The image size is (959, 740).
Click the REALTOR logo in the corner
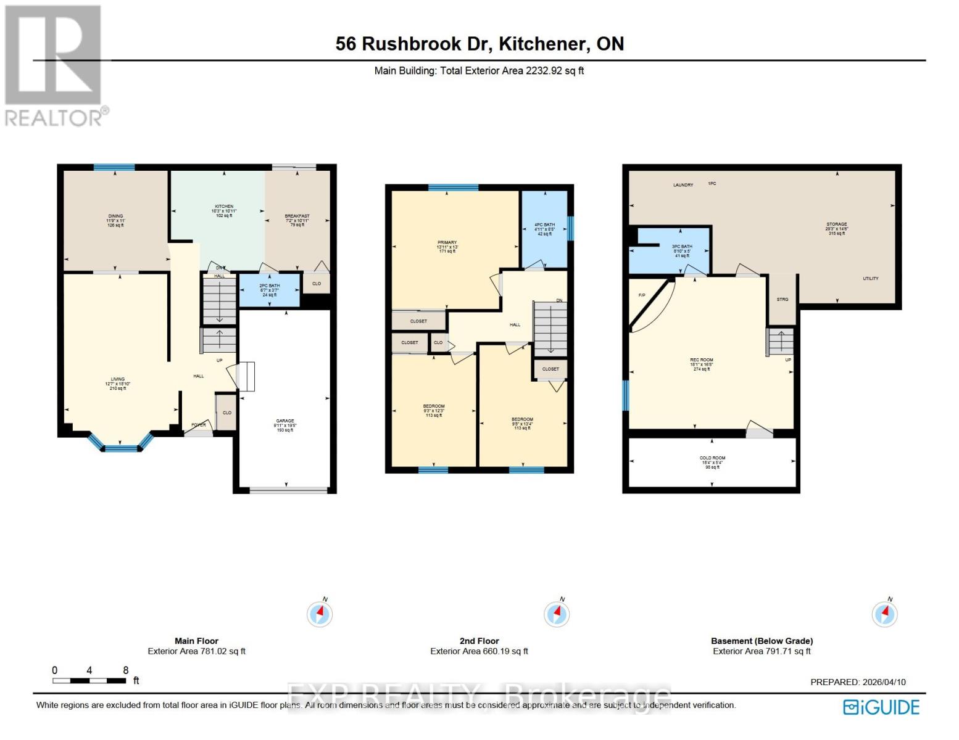click(54, 65)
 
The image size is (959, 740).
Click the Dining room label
click(115, 216)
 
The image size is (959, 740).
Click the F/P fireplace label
click(642, 295)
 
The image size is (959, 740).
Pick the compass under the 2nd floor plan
click(557, 614)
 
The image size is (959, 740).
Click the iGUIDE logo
click(881, 707)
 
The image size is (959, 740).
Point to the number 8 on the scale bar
click(126, 670)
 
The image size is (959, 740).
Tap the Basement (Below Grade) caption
click(762, 641)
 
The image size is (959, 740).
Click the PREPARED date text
click(858, 682)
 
